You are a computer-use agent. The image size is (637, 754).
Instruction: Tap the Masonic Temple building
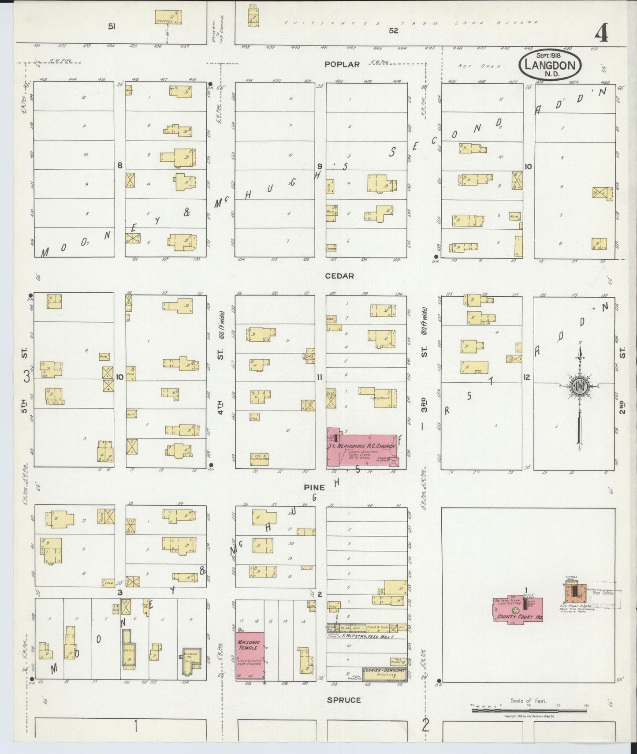pyautogui.click(x=250, y=657)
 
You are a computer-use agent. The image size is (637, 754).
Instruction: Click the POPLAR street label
pyautogui.click(x=342, y=64)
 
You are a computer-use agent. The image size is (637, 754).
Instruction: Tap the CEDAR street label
pyautogui.click(x=339, y=276)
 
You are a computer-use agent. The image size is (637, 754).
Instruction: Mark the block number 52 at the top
pyautogui.click(x=393, y=30)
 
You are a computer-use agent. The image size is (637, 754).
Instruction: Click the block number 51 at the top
pyautogui.click(x=112, y=26)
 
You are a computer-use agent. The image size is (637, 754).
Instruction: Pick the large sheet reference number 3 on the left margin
pyautogui.click(x=27, y=377)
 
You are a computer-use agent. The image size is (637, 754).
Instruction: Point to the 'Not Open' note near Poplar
pyautogui.click(x=479, y=66)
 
